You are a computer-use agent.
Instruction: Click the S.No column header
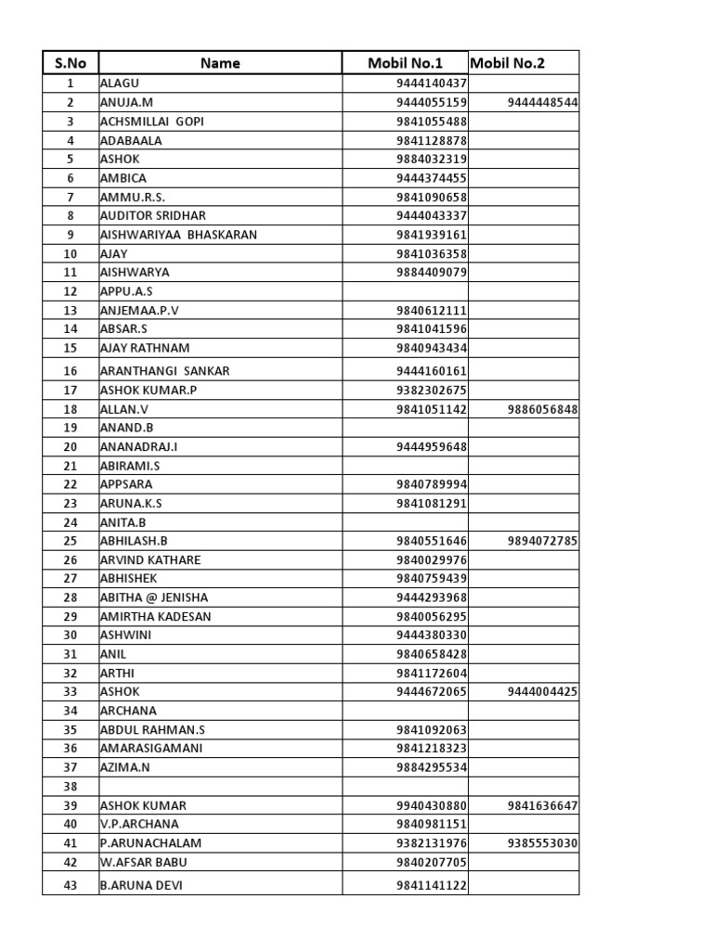point(70,63)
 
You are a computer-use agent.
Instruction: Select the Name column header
point(220,63)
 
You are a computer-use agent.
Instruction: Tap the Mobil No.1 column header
point(405,63)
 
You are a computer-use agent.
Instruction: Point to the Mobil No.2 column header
point(508,63)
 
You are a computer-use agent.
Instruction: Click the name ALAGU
point(118,83)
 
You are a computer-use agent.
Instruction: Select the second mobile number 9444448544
point(542,102)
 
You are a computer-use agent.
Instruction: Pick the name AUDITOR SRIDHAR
point(153,215)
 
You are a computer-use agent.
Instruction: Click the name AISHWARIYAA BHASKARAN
point(178,235)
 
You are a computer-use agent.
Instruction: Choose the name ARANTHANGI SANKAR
point(164,370)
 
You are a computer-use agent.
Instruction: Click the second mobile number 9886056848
point(542,409)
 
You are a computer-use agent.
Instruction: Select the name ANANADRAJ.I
point(138,446)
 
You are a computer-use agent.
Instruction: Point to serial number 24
point(70,521)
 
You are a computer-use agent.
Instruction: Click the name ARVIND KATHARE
point(150,559)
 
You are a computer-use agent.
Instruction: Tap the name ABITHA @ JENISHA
point(154,597)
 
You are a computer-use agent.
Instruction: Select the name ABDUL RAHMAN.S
point(147,729)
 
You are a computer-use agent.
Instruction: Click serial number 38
point(70,786)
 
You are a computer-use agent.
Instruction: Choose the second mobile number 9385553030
point(542,842)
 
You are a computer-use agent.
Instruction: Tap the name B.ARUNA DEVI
point(141,885)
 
